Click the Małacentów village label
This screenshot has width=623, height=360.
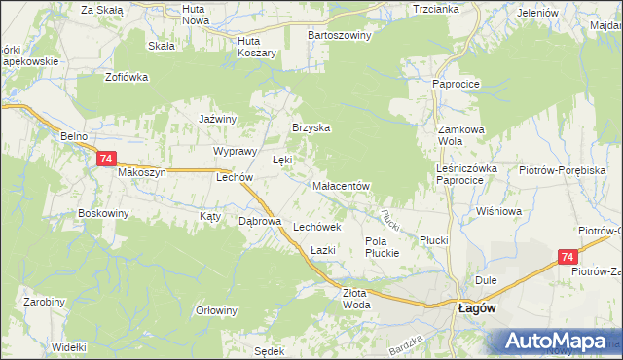(339, 185)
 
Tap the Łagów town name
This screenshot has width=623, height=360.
(477, 306)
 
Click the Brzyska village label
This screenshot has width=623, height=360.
(312, 127)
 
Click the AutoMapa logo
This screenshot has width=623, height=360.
(558, 342)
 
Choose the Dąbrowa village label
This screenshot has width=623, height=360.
(260, 221)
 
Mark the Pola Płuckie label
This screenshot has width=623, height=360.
(382, 247)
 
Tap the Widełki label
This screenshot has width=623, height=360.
(69, 346)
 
